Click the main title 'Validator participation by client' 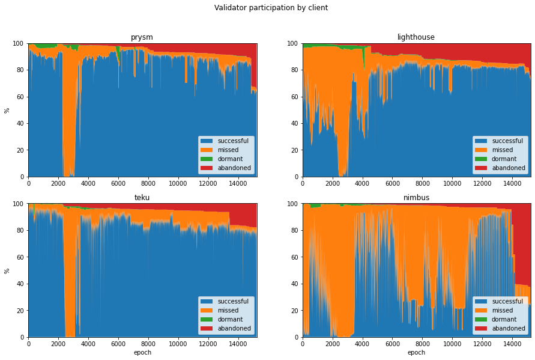pyautogui.click(x=262, y=8)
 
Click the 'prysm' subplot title pyautogui.click(x=142, y=37)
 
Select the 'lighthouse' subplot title pyautogui.click(x=416, y=37)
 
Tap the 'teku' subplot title pyautogui.click(x=142, y=198)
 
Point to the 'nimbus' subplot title pyautogui.click(x=416, y=198)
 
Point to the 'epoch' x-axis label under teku pyautogui.click(x=142, y=353)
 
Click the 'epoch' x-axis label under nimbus pyautogui.click(x=416, y=353)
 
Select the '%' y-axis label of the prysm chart pyautogui.click(x=7, y=110)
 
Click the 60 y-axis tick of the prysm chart pyautogui.click(x=20, y=97)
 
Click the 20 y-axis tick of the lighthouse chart pyautogui.click(x=294, y=150)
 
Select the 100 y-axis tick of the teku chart pyautogui.click(x=18, y=204)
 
